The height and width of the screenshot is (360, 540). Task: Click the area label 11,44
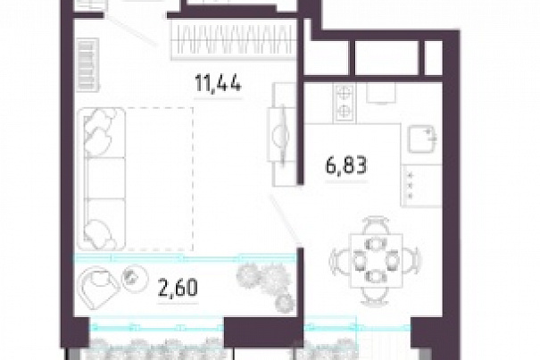[x=218, y=84]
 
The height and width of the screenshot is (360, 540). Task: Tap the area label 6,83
[x=346, y=165]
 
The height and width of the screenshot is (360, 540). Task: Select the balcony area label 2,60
[x=178, y=288]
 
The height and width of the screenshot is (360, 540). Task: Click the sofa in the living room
[x=101, y=179]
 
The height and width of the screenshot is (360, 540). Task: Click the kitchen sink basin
[x=422, y=139]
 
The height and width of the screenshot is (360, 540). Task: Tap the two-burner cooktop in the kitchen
[x=344, y=103]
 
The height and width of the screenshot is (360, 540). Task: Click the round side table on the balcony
[x=135, y=279]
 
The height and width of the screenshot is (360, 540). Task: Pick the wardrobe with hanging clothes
[x=233, y=39]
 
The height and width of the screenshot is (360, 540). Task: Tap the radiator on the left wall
[x=87, y=65]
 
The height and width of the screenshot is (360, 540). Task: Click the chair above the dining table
[x=377, y=225]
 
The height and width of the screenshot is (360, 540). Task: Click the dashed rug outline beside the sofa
[x=159, y=179]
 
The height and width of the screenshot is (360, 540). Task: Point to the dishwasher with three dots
[x=421, y=185]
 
